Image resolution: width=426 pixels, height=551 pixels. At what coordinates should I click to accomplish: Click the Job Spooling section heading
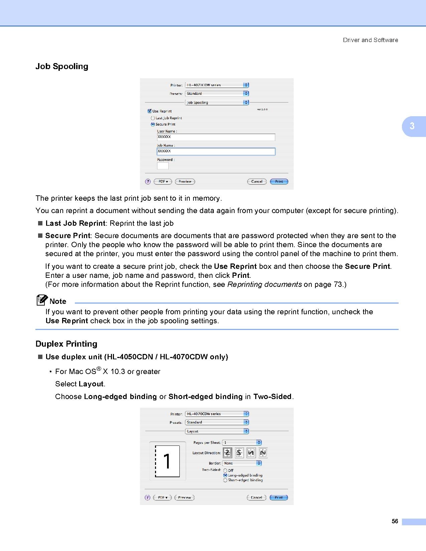(62, 66)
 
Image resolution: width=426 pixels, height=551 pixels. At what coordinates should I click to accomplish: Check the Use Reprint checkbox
(150, 111)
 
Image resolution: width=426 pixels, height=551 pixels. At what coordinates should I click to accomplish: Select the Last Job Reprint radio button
(153, 118)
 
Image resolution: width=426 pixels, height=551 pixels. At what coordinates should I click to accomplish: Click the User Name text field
(216, 137)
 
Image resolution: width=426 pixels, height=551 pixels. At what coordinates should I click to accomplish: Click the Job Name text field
(216, 152)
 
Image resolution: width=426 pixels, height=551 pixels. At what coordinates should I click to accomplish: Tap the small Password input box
(163, 166)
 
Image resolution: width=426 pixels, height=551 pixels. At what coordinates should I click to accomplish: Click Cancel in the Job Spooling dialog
(257, 182)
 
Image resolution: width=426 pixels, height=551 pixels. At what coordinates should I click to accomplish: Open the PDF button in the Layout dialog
(162, 498)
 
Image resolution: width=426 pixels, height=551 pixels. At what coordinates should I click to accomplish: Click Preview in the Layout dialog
(184, 498)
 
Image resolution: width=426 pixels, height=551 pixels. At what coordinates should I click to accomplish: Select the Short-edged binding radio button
(225, 480)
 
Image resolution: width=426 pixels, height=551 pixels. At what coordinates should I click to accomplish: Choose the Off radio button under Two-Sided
(225, 471)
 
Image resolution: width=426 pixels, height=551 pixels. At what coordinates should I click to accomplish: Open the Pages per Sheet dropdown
(242, 443)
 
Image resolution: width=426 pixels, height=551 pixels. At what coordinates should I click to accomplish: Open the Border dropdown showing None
(242, 463)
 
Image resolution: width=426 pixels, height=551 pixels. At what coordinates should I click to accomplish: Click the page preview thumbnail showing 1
(167, 461)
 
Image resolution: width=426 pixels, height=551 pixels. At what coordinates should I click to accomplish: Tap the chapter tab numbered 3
(413, 126)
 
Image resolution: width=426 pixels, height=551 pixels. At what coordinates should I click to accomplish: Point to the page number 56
(395, 522)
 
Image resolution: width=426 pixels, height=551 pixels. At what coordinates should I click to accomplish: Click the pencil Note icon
(41, 300)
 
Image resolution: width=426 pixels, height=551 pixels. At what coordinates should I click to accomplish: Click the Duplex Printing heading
(66, 344)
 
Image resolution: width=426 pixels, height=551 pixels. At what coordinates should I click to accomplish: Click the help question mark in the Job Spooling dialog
(148, 182)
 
